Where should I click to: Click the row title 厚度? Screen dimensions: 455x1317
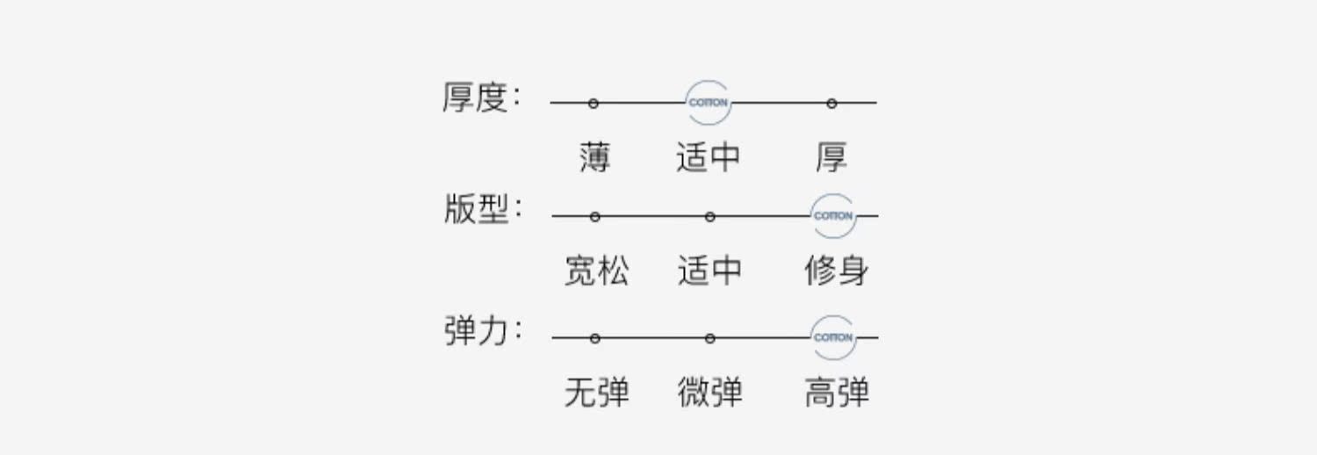476,98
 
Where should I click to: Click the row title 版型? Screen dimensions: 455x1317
477,211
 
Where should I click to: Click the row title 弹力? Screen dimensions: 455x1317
477,332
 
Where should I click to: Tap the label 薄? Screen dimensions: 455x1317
594,158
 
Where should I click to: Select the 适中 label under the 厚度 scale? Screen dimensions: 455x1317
708,158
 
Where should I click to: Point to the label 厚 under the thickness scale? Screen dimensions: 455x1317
831,158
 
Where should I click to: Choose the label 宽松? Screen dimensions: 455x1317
596,271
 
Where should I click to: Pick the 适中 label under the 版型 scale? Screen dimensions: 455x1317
709,271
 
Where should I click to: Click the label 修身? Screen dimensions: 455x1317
836,271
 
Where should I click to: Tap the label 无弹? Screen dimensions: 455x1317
596,392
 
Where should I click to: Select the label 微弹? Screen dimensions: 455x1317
709,392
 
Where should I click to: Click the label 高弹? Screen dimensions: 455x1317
836,392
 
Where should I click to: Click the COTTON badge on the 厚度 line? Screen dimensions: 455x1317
709,103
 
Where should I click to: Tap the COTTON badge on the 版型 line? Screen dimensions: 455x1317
833,216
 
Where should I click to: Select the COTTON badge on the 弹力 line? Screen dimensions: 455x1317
833,337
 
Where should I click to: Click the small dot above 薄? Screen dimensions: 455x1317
594,104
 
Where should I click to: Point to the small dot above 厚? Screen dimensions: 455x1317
831,104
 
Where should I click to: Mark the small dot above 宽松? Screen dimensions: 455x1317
595,217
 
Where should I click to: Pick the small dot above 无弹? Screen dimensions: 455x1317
595,338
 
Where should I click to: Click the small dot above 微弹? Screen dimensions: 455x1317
709,338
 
